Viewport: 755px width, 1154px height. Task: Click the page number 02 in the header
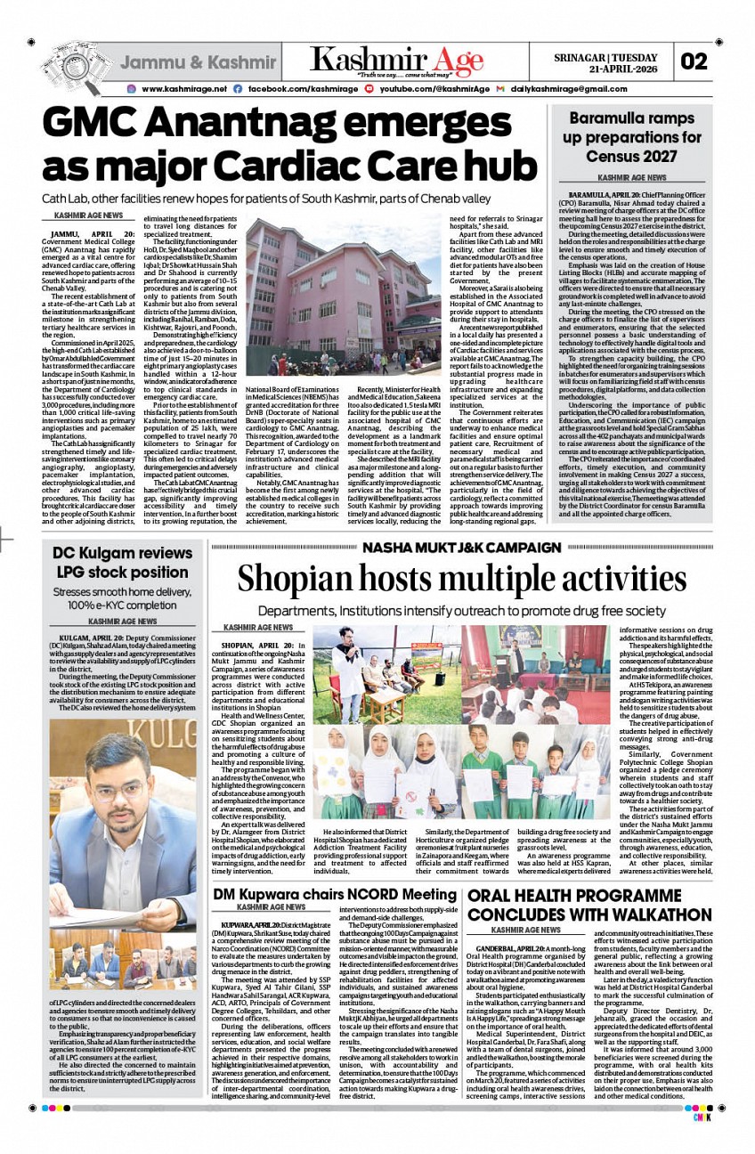[x=694, y=61]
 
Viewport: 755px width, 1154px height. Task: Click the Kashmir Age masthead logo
[x=397, y=61]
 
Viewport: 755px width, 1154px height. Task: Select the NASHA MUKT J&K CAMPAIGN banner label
[x=461, y=547]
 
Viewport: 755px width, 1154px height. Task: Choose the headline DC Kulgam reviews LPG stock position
[x=122, y=563]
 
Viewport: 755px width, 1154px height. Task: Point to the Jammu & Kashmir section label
[x=198, y=63]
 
